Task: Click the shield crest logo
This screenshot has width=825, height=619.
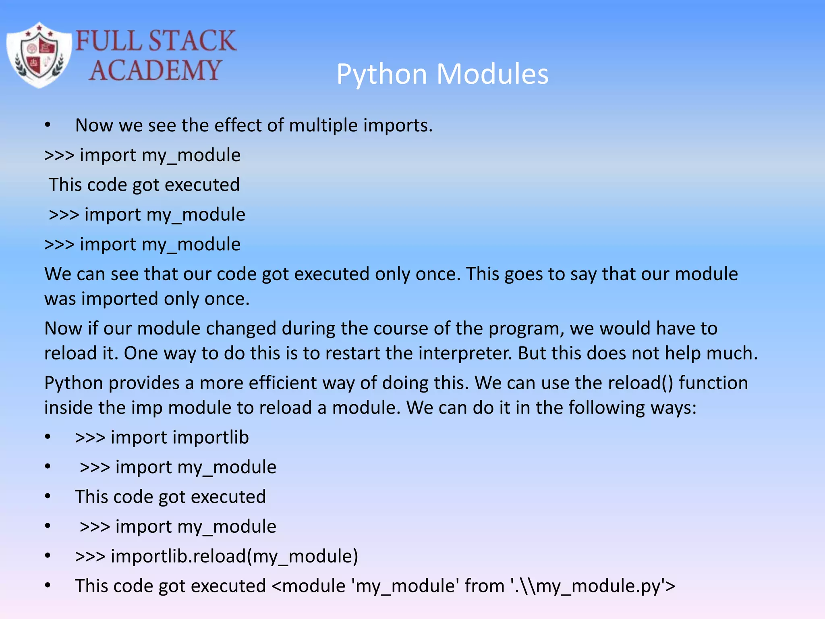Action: pyautogui.click(x=39, y=56)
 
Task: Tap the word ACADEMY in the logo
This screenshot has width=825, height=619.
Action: pyautogui.click(x=155, y=71)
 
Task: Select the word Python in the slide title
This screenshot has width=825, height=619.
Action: pyautogui.click(x=381, y=75)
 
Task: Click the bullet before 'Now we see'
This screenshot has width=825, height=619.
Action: pyautogui.click(x=48, y=125)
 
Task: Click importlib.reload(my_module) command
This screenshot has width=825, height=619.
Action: pyautogui.click(x=234, y=557)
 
